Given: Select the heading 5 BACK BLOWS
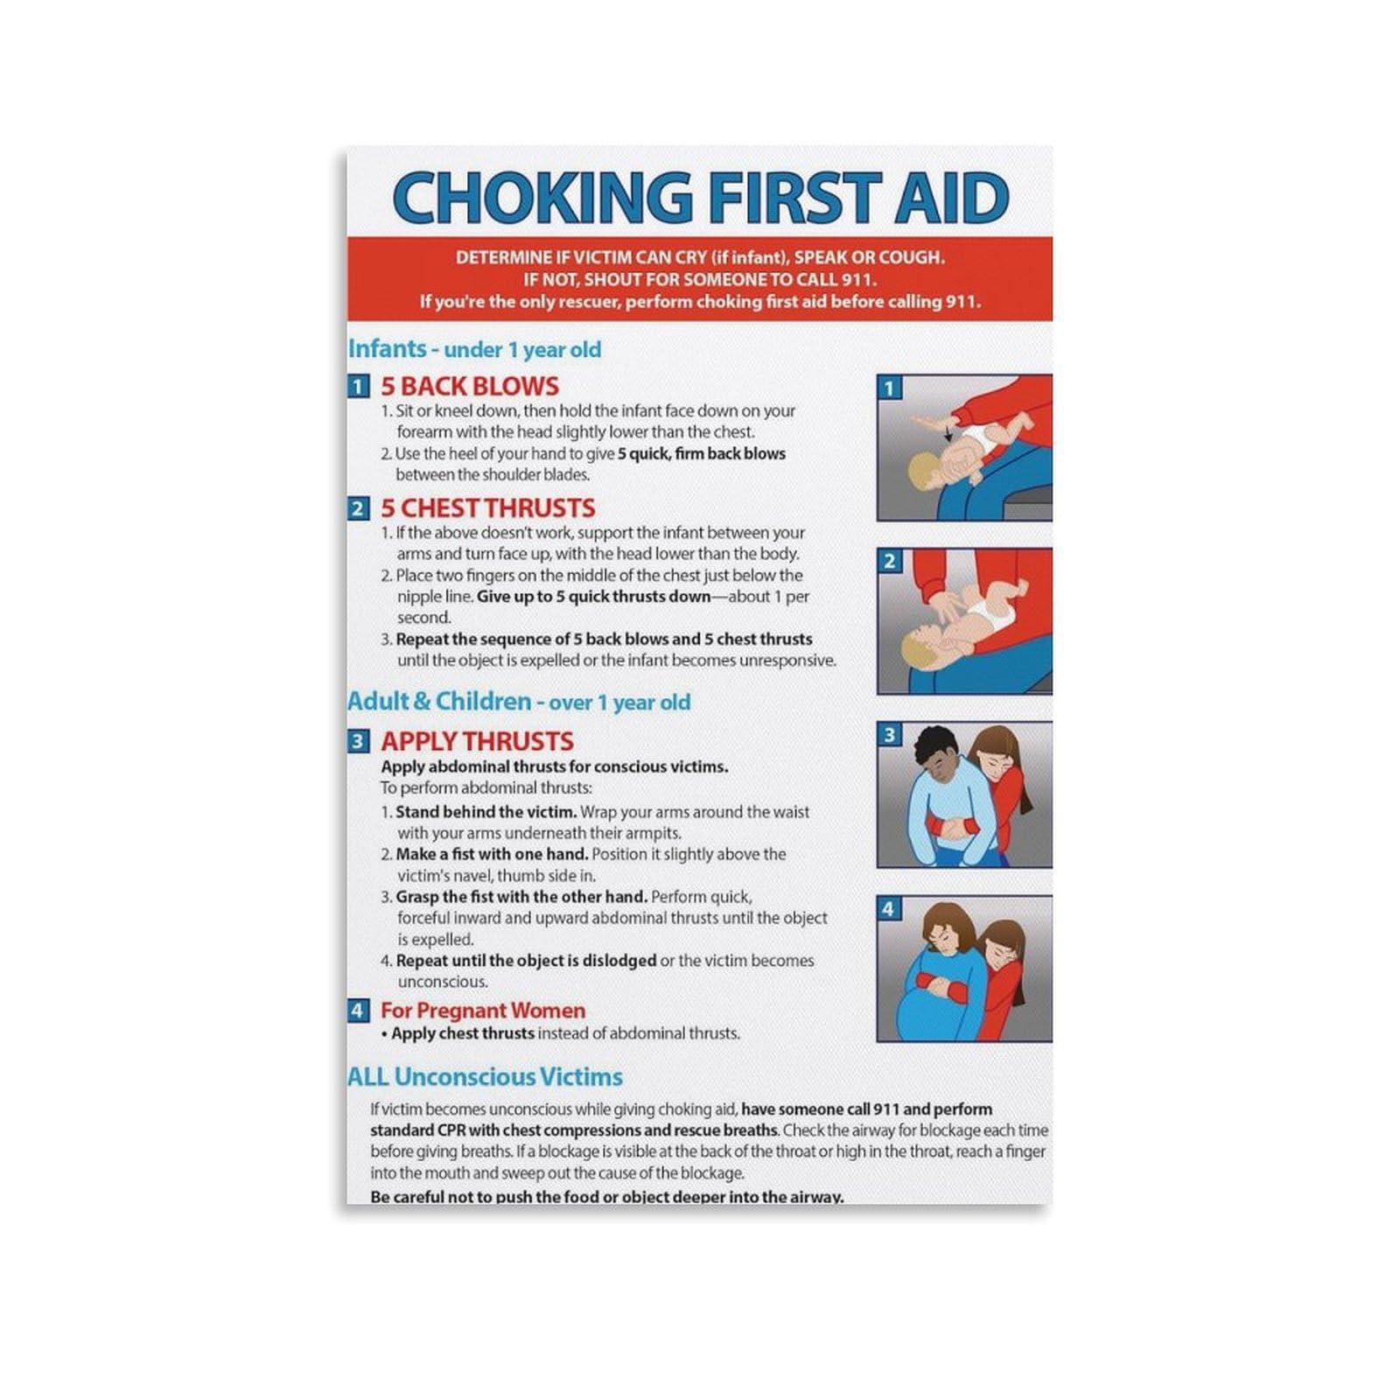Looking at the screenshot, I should pyautogui.click(x=469, y=386).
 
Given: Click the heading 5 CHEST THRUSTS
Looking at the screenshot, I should pyautogui.click(x=487, y=508).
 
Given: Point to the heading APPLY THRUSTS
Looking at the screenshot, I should pyautogui.click(x=477, y=741).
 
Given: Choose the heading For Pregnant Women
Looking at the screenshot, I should pyautogui.click(x=482, y=1011).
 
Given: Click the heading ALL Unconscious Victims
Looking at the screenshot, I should pyautogui.click(x=485, y=1076).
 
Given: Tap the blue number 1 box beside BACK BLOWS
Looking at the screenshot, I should pyautogui.click(x=357, y=387).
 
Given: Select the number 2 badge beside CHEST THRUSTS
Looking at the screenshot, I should pyautogui.click(x=357, y=509).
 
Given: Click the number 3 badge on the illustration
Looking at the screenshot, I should pyautogui.click(x=890, y=735).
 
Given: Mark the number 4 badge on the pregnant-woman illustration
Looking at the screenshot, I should pyautogui.click(x=889, y=909).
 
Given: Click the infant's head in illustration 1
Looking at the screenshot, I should pyautogui.click(x=923, y=472).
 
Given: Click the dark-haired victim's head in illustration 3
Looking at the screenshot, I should pyautogui.click(x=937, y=754).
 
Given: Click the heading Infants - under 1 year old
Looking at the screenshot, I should pyautogui.click(x=474, y=349).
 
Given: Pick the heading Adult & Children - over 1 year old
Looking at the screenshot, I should pyautogui.click(x=519, y=702).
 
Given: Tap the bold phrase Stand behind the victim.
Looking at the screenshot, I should pyautogui.click(x=486, y=812).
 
